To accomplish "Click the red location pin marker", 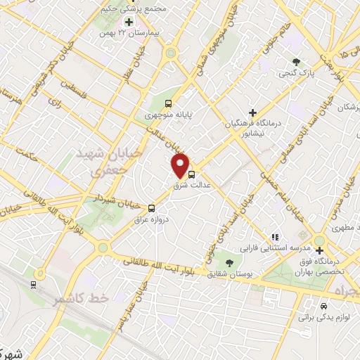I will pos(182,165).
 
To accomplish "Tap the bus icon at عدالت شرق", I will pos(191,176).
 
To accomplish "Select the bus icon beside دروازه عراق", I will pos(152,208).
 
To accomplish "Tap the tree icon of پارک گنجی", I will pos(296,61).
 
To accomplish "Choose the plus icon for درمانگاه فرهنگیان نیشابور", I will pos(253,112).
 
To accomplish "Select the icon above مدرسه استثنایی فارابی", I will pos(276,237).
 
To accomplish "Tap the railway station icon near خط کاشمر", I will pos(33,284).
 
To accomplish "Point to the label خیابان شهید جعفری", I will pos(108,161).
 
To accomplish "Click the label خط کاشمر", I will pos(81,299).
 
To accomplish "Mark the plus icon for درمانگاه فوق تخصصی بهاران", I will pos(320,250).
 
